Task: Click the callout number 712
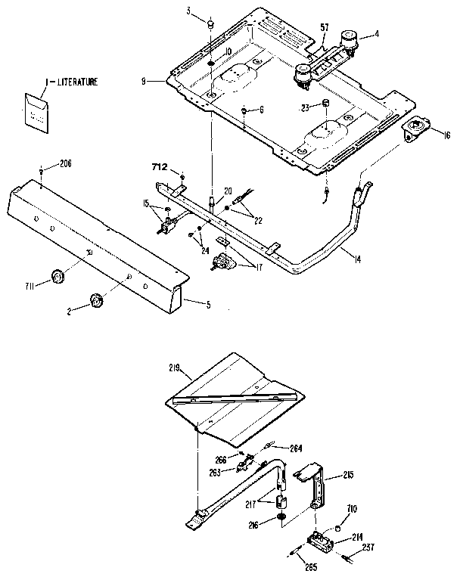(x=160, y=166)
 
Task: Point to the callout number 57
(x=324, y=27)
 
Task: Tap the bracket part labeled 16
(x=415, y=126)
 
